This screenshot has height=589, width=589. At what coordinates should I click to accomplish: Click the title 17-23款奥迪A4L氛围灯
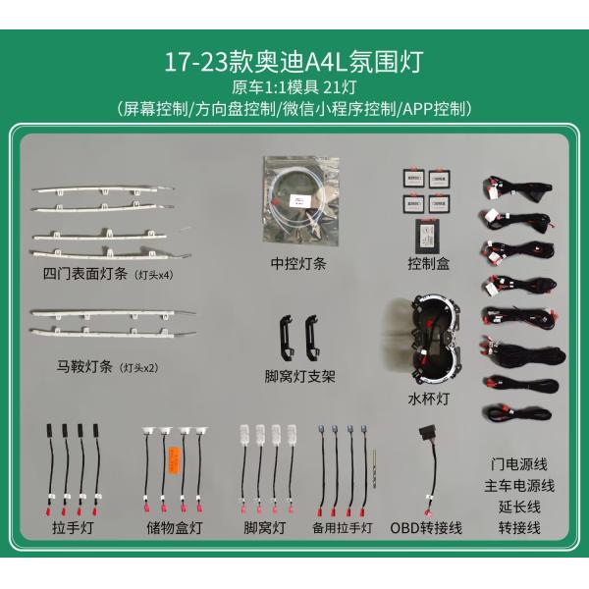pyautogui.click(x=294, y=61)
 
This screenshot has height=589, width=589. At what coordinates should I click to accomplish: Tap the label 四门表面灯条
pyautogui.click(x=86, y=274)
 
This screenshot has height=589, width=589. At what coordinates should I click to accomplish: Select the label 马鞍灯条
pyautogui.click(x=86, y=368)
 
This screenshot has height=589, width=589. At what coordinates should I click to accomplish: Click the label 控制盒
pyautogui.click(x=429, y=263)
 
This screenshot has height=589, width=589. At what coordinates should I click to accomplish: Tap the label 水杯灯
pyautogui.click(x=428, y=399)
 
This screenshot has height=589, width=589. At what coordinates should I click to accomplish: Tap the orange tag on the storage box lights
pyautogui.click(x=175, y=460)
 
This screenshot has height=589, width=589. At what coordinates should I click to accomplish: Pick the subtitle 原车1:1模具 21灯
pyautogui.click(x=294, y=87)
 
